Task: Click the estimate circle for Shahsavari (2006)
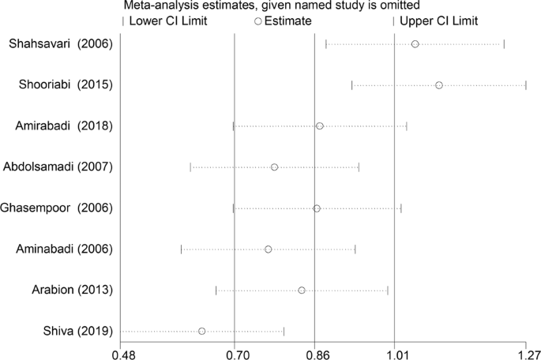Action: (415, 43)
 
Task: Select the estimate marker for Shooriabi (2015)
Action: (439, 84)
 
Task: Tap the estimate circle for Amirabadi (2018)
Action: (320, 126)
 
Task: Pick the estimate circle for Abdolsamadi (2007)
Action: (274, 167)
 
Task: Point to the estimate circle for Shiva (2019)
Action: (202, 331)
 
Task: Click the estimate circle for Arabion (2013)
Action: (302, 290)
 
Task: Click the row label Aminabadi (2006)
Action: (64, 249)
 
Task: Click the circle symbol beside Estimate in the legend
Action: (257, 21)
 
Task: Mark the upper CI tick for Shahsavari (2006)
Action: (504, 43)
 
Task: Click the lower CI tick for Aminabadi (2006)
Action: (181, 249)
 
